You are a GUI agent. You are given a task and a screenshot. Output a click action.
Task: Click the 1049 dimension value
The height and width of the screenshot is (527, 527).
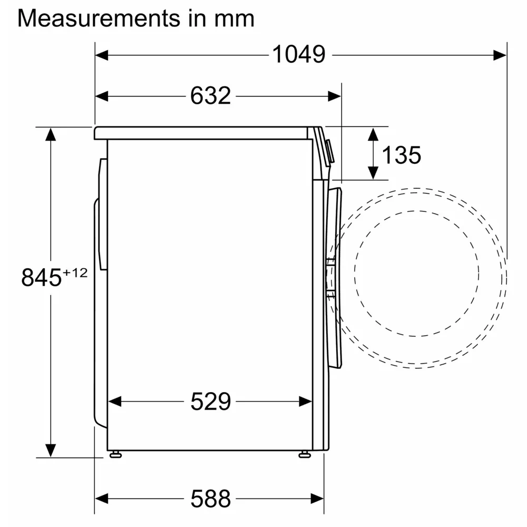[298, 54]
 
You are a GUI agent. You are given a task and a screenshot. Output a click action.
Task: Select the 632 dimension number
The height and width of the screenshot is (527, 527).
[211, 96]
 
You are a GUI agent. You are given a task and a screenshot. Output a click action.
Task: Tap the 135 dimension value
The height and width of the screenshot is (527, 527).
[401, 155]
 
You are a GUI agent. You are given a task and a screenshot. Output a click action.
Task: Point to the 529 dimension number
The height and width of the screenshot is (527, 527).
[211, 401]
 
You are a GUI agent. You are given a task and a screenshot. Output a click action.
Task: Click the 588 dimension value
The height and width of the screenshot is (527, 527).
[211, 499]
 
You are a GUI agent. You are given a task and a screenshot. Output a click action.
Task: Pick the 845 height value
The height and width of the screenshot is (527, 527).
[41, 278]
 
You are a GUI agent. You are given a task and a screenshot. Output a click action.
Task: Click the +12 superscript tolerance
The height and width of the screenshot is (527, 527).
[75, 272]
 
